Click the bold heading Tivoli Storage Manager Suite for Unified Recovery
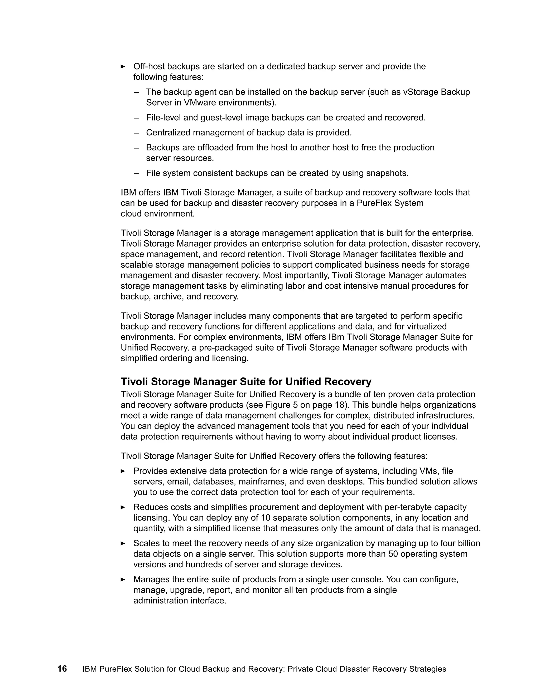click(246, 382)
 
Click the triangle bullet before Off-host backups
click(123, 66)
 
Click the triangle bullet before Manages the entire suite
click(123, 579)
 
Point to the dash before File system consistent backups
click(137, 173)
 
